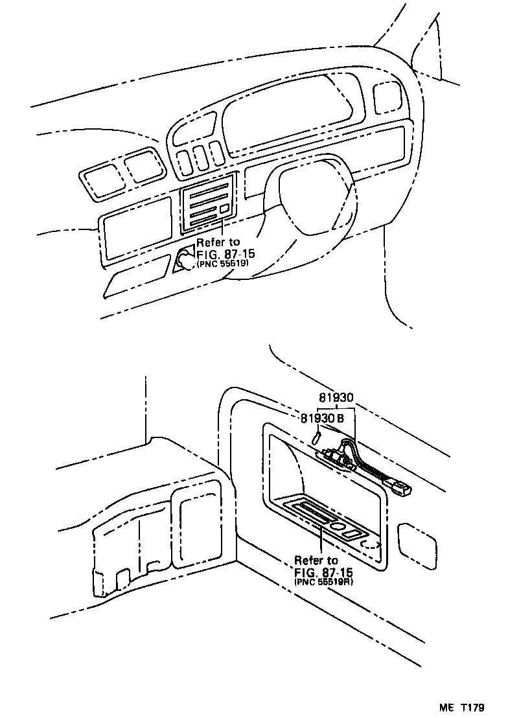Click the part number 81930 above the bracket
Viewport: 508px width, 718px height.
tap(337, 398)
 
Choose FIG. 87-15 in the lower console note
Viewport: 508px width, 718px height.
tap(323, 572)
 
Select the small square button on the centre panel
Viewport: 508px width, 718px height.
tap(224, 209)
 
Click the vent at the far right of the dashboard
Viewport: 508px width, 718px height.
tap(387, 96)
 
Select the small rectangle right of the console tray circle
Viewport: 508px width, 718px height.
tap(354, 533)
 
